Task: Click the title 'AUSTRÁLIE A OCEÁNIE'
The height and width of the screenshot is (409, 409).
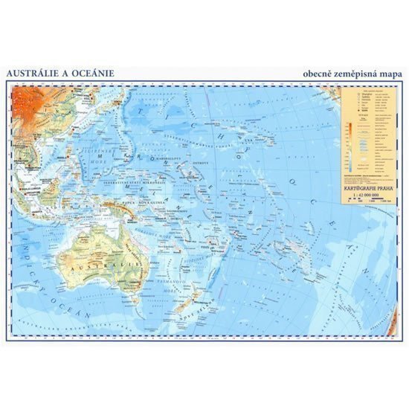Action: (x=54, y=73)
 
